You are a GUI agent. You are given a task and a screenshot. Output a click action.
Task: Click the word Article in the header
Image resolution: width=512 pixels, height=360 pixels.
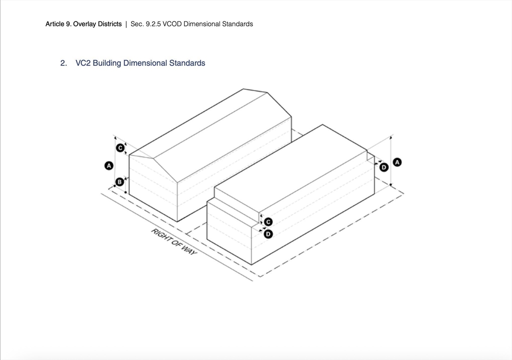55,24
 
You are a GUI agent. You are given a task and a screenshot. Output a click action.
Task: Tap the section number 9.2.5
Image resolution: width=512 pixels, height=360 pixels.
153,24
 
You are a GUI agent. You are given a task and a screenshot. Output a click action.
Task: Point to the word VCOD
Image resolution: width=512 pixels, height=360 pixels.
172,24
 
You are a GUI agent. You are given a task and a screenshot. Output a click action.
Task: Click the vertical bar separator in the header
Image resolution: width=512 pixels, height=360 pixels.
126,24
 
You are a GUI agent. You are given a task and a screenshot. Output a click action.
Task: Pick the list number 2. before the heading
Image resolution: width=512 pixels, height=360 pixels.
63,63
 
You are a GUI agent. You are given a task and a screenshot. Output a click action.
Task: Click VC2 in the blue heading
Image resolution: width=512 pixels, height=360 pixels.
83,63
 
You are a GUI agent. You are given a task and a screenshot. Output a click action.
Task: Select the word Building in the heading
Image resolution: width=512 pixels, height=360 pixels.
107,63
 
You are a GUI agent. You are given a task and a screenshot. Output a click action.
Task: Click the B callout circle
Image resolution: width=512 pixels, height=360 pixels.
119,181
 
